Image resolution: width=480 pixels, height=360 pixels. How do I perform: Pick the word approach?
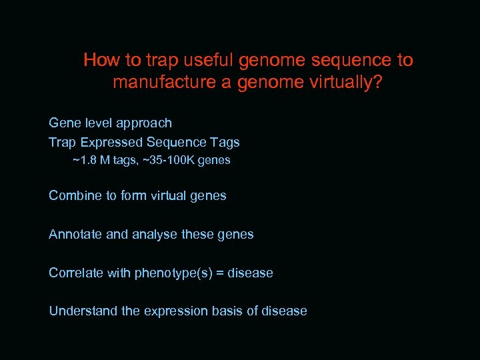(x=144, y=123)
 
